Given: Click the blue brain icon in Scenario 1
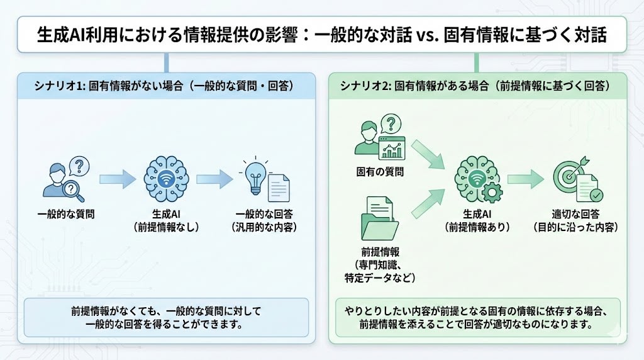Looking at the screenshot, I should pyautogui.click(x=166, y=177).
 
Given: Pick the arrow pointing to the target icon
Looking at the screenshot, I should pyautogui.click(x=525, y=179).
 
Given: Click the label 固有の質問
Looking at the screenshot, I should pyautogui.click(x=380, y=171).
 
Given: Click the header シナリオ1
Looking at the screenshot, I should pyautogui.click(x=57, y=86).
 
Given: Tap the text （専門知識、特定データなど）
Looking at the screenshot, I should pyautogui.click(x=380, y=269).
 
